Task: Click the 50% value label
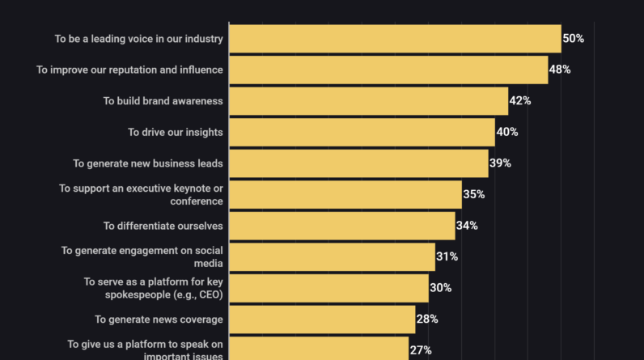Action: click(x=574, y=39)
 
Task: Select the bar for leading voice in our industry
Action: click(x=395, y=39)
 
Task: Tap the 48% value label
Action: click(x=560, y=70)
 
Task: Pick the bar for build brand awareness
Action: click(x=368, y=101)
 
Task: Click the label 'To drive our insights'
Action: click(x=176, y=132)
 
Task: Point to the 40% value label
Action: click(x=507, y=132)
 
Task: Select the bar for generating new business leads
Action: click(x=358, y=163)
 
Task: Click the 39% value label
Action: click(x=500, y=163)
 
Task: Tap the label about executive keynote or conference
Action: click(x=142, y=194)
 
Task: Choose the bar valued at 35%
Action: click(x=345, y=194)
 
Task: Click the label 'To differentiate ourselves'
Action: click(x=163, y=226)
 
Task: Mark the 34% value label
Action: click(x=467, y=226)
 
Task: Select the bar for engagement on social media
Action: click(x=332, y=256)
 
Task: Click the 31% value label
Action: click(x=447, y=256)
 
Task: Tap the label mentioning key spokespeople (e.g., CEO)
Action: click(x=154, y=288)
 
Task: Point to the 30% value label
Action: click(x=441, y=288)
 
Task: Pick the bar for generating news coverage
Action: click(x=322, y=319)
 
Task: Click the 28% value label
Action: click(x=427, y=319)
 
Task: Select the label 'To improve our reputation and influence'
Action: click(x=129, y=70)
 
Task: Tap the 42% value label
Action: click(x=520, y=101)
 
